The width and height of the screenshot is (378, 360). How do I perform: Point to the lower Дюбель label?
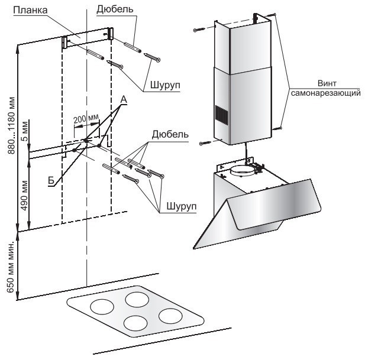coord(170,134)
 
